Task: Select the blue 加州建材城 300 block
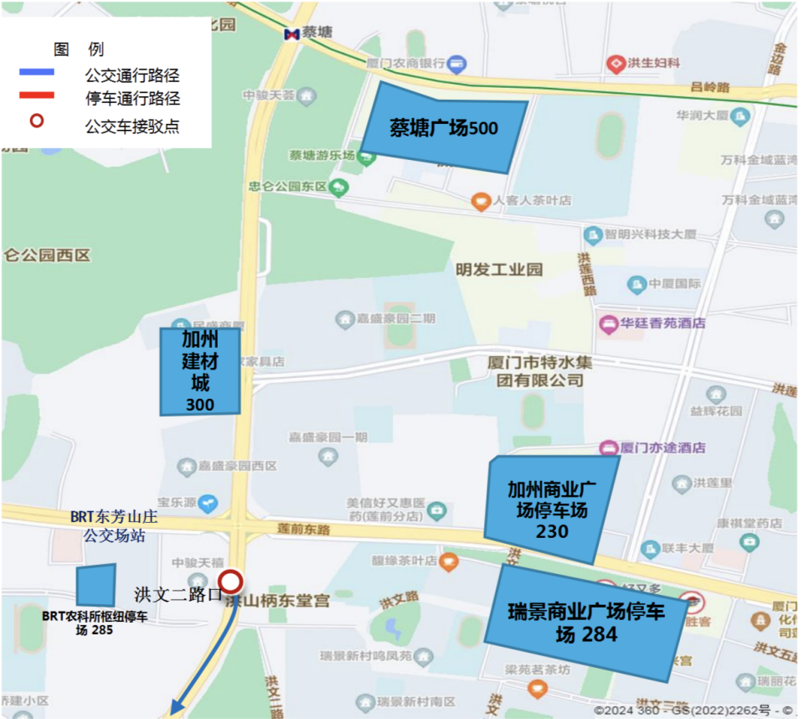200,371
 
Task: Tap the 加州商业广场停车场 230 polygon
550,508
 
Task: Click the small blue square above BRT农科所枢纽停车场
95,585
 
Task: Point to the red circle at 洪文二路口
230,582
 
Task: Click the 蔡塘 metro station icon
291,34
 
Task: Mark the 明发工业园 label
499,270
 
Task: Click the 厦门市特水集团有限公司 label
534,371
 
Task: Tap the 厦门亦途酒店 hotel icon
608,447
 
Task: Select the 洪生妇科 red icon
616,63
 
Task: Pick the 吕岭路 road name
710,87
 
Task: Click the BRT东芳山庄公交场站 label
114,527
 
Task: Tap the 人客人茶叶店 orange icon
480,201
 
